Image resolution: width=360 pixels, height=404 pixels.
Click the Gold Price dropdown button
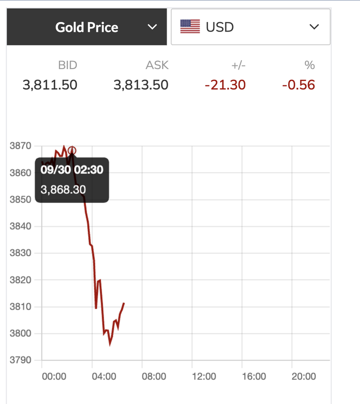(x=87, y=27)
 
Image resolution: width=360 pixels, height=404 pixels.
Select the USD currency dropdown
(x=250, y=27)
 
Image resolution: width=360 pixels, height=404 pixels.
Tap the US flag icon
(x=190, y=27)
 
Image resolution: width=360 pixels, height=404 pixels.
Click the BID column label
(x=67, y=65)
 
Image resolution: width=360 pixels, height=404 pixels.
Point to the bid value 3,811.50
(x=50, y=85)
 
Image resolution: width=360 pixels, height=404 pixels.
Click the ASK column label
(x=157, y=65)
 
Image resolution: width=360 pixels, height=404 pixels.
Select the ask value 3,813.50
(x=141, y=85)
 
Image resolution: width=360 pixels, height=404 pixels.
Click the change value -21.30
(x=225, y=85)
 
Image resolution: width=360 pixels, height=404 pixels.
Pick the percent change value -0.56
(x=299, y=85)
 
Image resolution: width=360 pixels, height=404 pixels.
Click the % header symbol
(x=309, y=65)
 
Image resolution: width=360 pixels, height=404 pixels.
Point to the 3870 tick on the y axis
(x=21, y=146)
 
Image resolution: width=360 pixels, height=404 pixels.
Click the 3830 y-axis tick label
(x=21, y=253)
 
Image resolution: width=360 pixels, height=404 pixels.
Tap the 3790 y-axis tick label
(x=21, y=360)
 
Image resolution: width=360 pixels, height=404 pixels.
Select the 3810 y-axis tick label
(x=21, y=307)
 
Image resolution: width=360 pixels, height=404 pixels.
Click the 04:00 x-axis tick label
(x=104, y=377)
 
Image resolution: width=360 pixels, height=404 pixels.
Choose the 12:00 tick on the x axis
(x=204, y=377)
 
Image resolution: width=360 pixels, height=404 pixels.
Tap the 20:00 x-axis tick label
(x=304, y=377)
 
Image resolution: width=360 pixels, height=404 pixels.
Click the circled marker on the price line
(x=72, y=151)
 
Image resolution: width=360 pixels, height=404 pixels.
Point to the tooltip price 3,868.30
(x=63, y=189)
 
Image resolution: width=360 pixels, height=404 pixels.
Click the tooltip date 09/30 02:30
(x=72, y=170)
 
